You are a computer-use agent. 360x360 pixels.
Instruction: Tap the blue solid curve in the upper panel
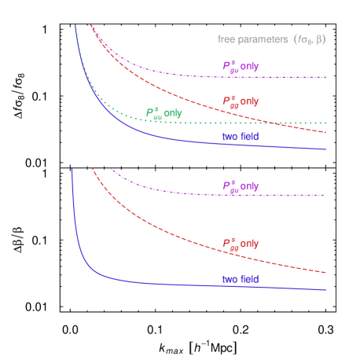197,141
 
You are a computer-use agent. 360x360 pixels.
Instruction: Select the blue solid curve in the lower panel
197,285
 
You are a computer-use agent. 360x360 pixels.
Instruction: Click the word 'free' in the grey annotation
227,39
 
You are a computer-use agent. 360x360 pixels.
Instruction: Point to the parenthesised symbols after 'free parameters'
309,39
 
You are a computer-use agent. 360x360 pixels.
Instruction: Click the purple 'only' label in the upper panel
249,67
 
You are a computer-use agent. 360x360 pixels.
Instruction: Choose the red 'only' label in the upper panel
249,101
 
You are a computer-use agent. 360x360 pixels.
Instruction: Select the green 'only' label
173,113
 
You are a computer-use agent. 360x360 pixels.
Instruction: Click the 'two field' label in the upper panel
240,137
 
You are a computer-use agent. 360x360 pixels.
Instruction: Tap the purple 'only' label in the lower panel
249,186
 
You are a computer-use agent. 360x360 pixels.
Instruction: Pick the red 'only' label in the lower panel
249,243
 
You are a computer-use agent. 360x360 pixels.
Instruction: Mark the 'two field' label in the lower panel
240,279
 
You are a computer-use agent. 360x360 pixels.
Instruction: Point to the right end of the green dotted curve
325,123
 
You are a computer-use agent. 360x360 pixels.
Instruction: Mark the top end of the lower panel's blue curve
72,169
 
